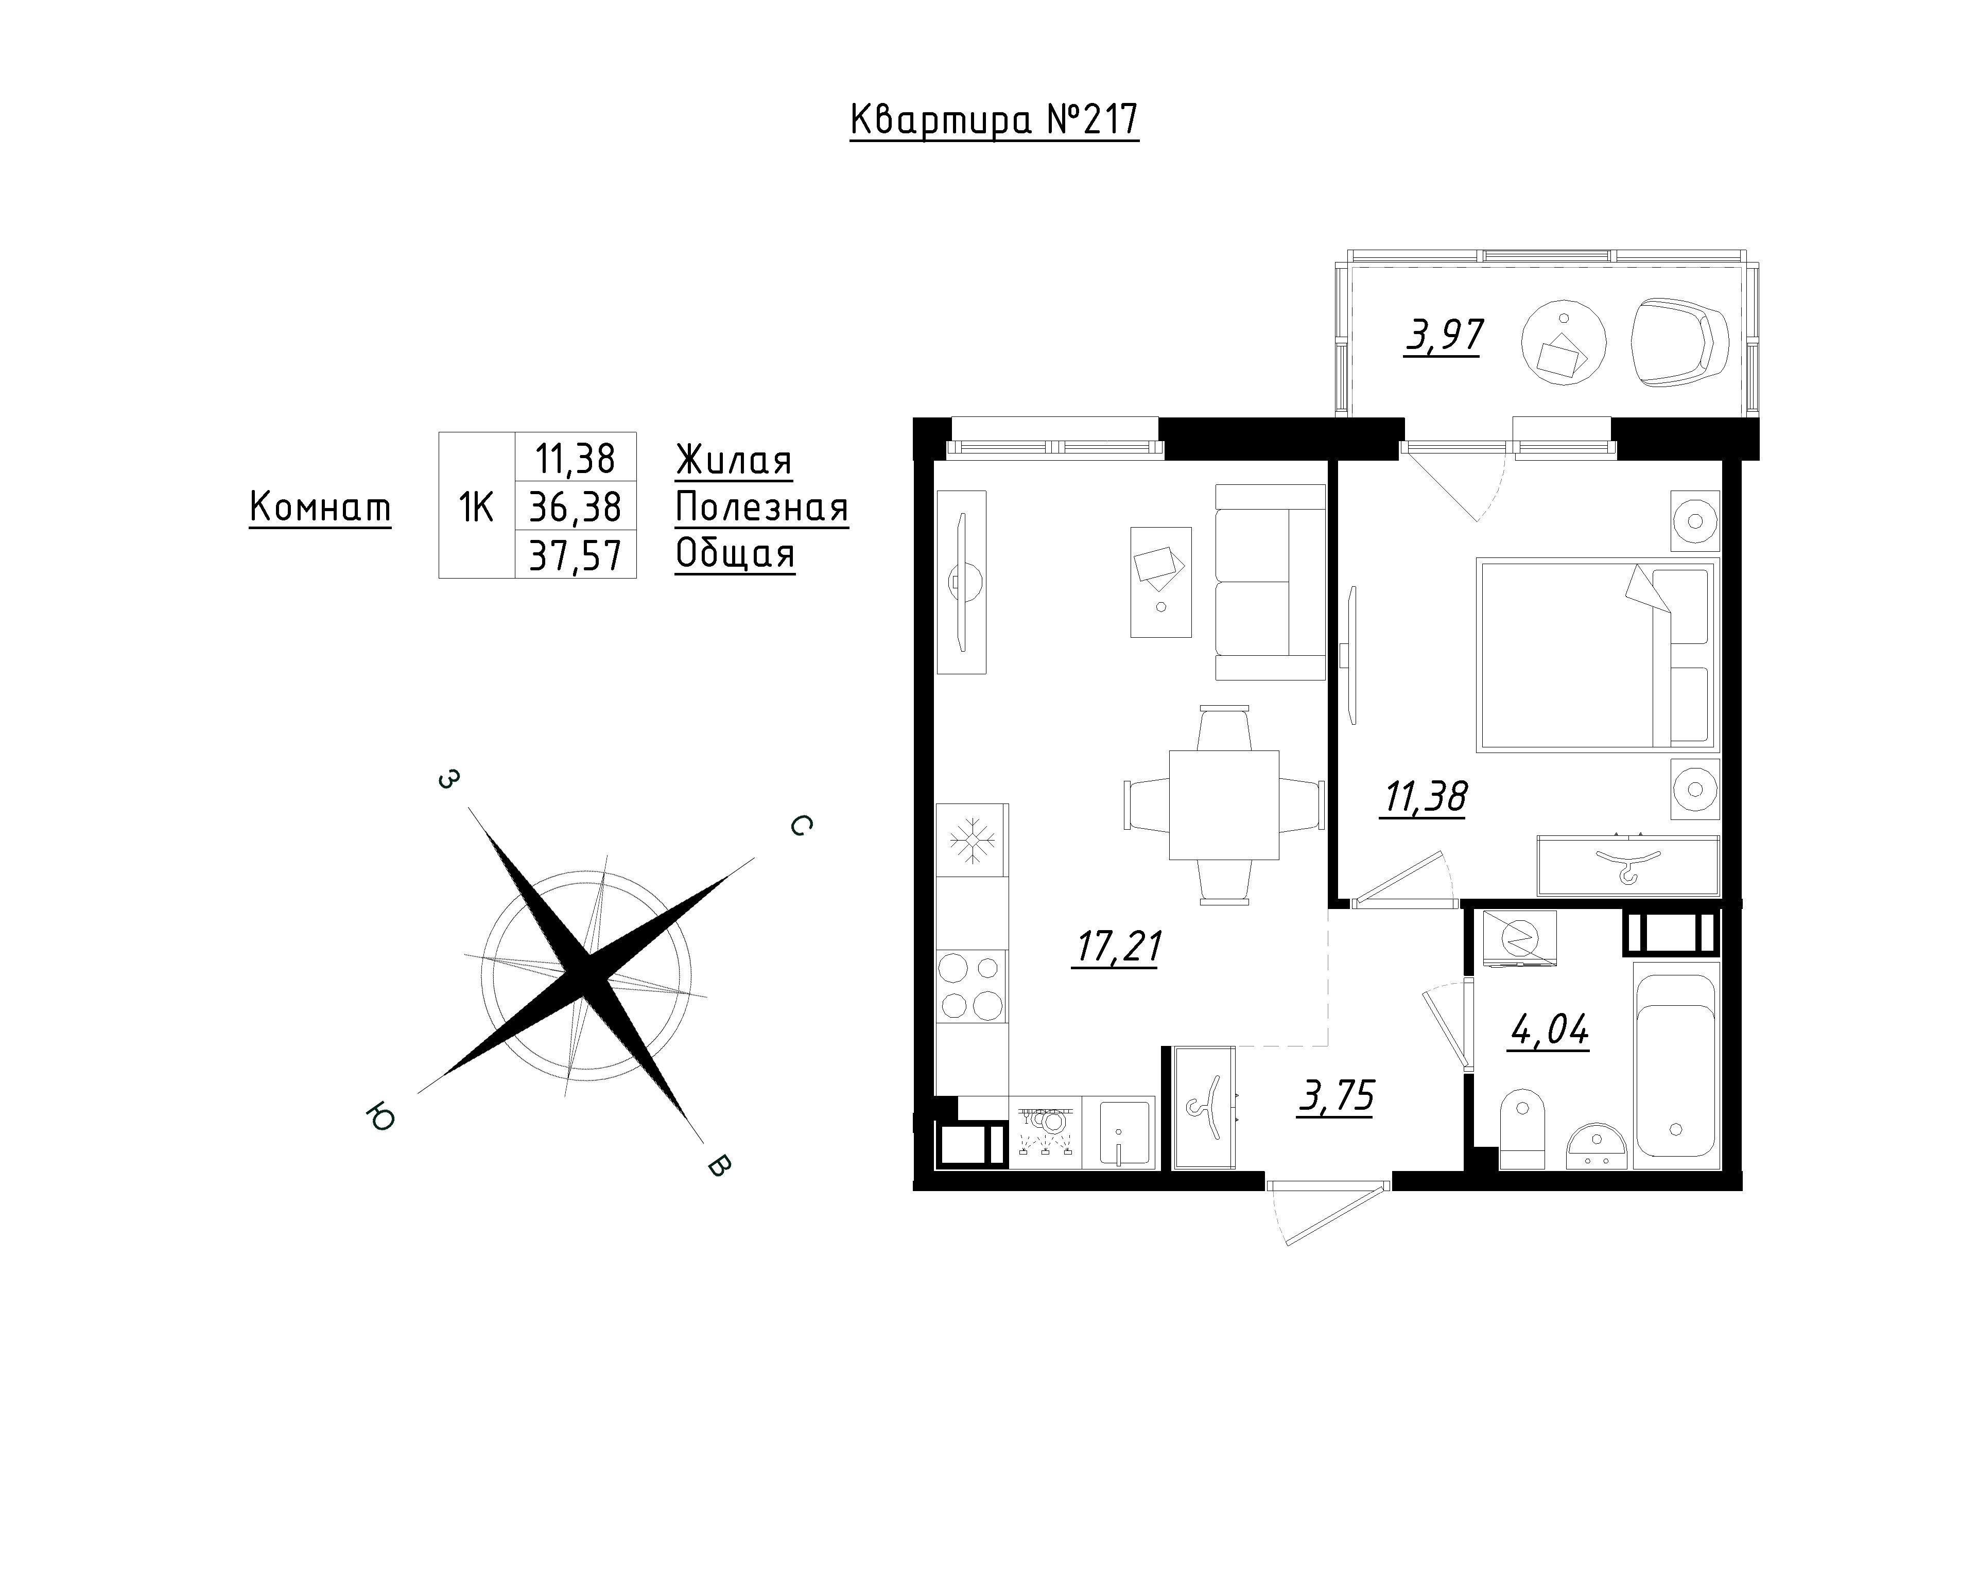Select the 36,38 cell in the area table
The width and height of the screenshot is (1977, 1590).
click(576, 506)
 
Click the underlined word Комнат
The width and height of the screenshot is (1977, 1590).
click(320, 507)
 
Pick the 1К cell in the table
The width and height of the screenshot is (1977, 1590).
click(477, 505)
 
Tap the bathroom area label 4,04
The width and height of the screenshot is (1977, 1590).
click(1549, 1030)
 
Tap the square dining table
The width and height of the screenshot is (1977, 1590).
click(1224, 805)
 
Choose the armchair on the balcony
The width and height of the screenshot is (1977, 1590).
click(1681, 342)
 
